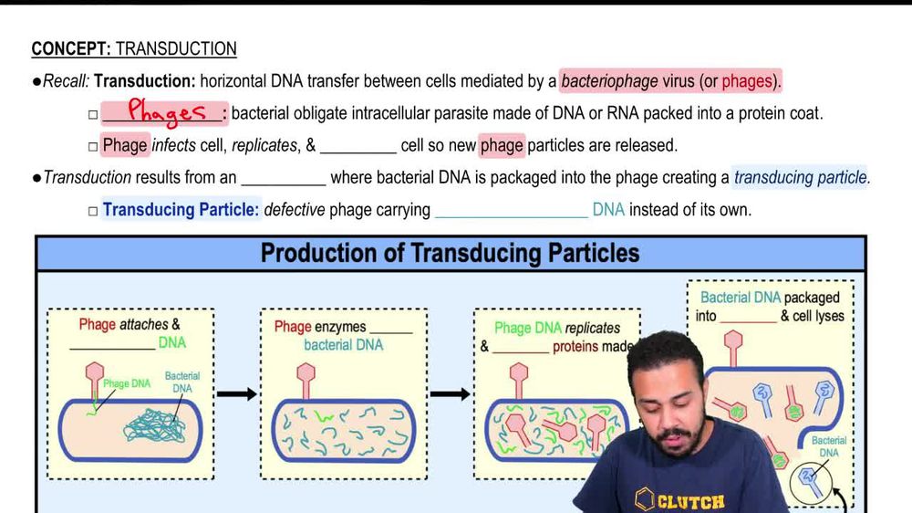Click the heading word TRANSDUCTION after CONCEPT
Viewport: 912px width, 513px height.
[176, 49]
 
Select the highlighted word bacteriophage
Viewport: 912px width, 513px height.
[609, 81]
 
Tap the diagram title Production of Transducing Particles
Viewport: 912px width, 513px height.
[450, 253]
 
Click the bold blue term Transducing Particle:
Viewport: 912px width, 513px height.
[181, 210]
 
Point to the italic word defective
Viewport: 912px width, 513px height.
[295, 210]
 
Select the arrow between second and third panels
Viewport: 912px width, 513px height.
[451, 394]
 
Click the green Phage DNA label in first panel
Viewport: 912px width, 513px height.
[127, 384]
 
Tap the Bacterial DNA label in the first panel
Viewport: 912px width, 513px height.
[182, 382]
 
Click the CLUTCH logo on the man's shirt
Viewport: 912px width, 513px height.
[679, 500]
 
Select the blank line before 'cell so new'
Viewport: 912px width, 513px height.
[358, 146]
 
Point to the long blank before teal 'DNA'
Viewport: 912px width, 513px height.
[511, 211]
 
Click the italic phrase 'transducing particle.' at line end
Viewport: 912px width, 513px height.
[802, 178]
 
